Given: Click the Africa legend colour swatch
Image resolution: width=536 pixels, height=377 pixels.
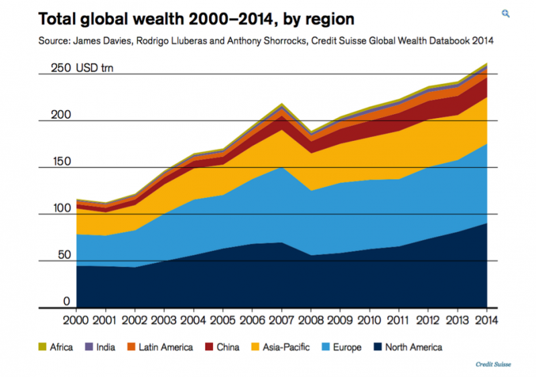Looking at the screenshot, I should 43,347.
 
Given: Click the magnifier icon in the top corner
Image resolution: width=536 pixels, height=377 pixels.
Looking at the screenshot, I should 507,13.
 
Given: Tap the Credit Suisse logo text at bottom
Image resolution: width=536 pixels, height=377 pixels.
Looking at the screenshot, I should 494,364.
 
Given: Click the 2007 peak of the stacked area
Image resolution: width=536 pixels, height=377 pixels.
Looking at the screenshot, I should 282,105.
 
